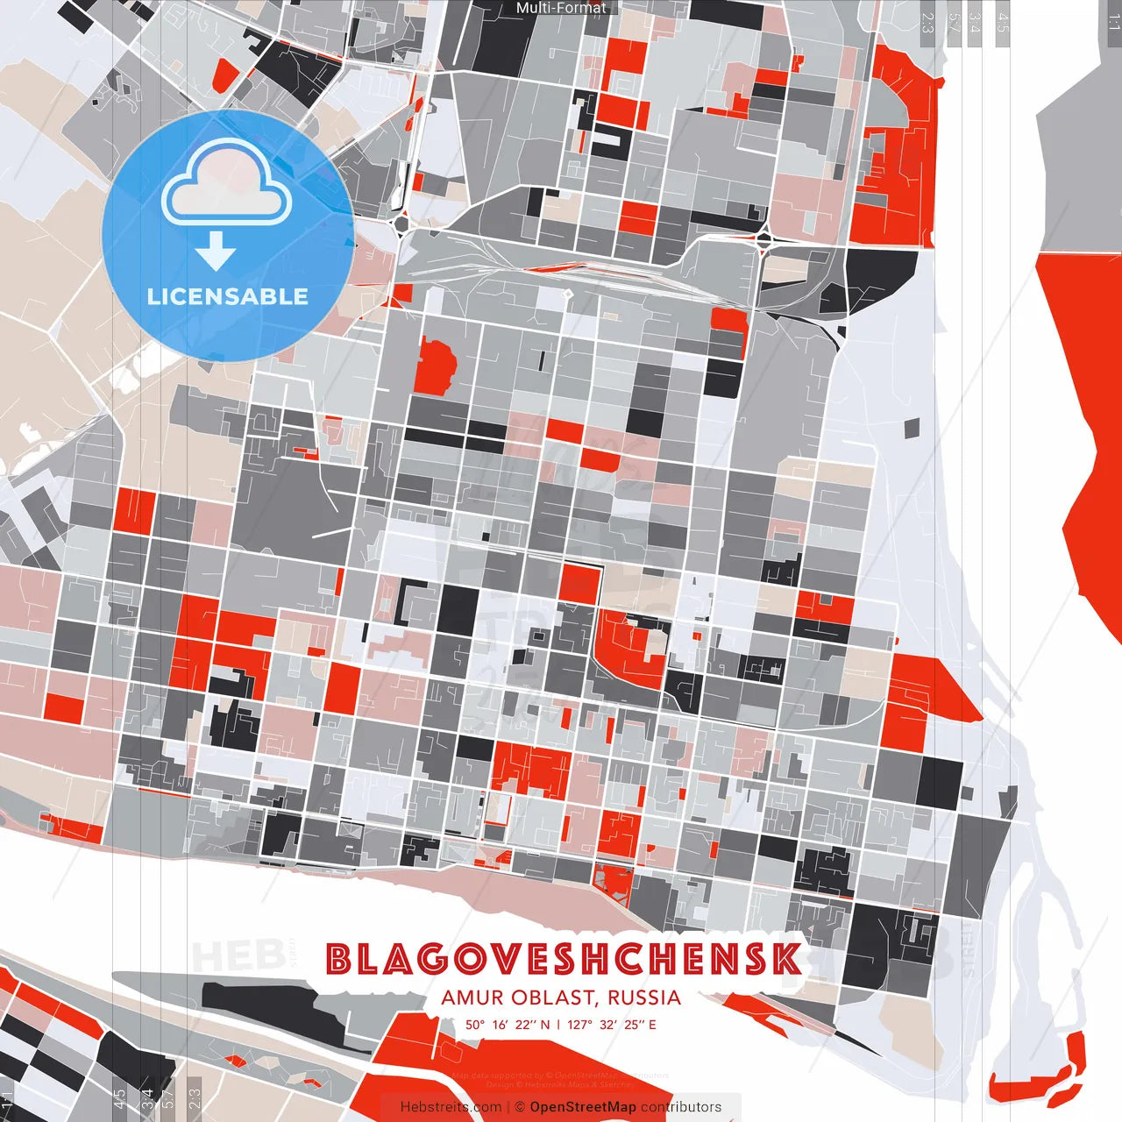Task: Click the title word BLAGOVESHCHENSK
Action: click(x=563, y=960)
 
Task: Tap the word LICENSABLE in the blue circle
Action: click(x=228, y=296)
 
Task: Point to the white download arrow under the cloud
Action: click(x=216, y=249)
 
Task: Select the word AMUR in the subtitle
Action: click(x=472, y=998)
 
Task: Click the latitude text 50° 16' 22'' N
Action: click(x=508, y=1024)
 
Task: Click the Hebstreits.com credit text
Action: click(x=451, y=1107)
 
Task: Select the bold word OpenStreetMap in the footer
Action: click(x=583, y=1107)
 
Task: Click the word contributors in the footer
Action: click(x=681, y=1107)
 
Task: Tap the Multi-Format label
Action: click(x=561, y=8)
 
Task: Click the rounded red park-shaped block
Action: click(x=434, y=366)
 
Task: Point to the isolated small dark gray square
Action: click(x=912, y=428)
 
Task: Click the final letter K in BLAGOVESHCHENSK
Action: click(x=787, y=960)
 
